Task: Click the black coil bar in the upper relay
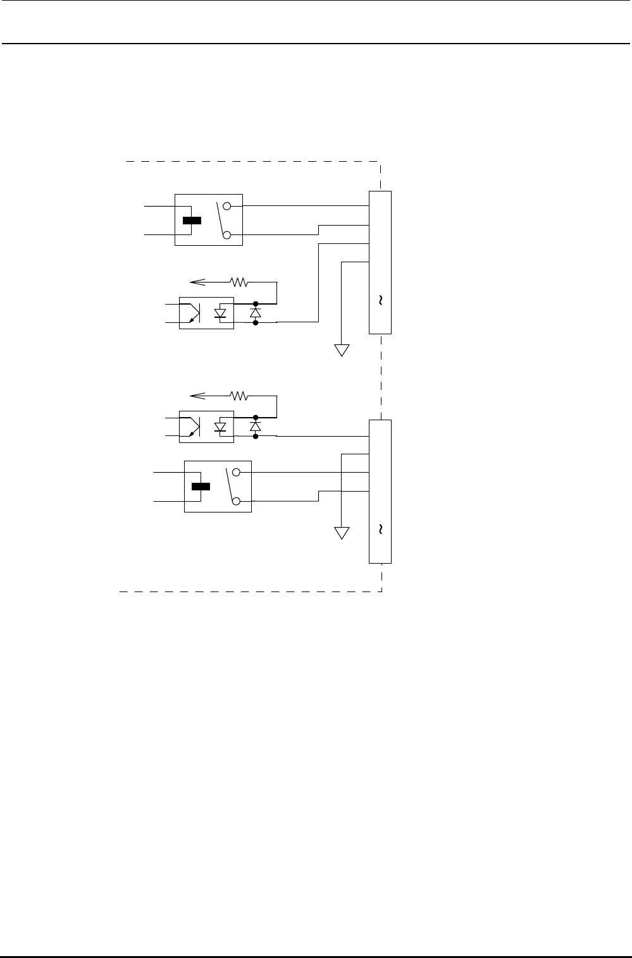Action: point(192,221)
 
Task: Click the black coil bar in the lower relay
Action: point(201,487)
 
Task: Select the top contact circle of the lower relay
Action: point(236,472)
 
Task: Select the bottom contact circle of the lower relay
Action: point(236,502)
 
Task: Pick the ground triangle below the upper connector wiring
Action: point(342,350)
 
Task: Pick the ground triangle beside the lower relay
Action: point(342,533)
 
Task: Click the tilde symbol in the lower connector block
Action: point(380,530)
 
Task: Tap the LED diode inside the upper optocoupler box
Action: point(221,313)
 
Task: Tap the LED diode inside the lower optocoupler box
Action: point(221,427)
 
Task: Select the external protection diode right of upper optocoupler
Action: point(256,313)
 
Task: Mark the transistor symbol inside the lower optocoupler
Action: point(192,427)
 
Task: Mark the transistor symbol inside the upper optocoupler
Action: point(192,313)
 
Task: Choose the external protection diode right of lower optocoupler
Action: point(256,427)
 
